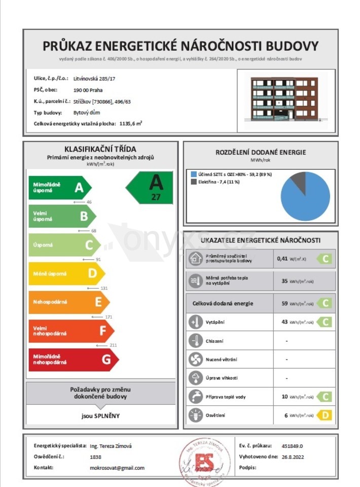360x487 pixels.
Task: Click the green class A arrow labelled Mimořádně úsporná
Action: click(x=60, y=188)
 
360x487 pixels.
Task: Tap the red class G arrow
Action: click(x=73, y=360)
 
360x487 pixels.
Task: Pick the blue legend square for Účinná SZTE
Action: click(x=193, y=174)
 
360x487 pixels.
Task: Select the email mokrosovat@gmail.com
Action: click(x=117, y=468)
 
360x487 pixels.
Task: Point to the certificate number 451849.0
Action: click(x=292, y=446)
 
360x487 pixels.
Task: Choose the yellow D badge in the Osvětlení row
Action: click(x=325, y=415)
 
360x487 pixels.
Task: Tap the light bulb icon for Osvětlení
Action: click(x=195, y=415)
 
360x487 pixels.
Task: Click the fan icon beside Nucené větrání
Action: click(x=195, y=359)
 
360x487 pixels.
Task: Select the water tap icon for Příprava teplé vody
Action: click(x=195, y=396)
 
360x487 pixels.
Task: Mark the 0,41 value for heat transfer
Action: click(x=282, y=258)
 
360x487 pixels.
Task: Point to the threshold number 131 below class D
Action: click(x=104, y=288)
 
